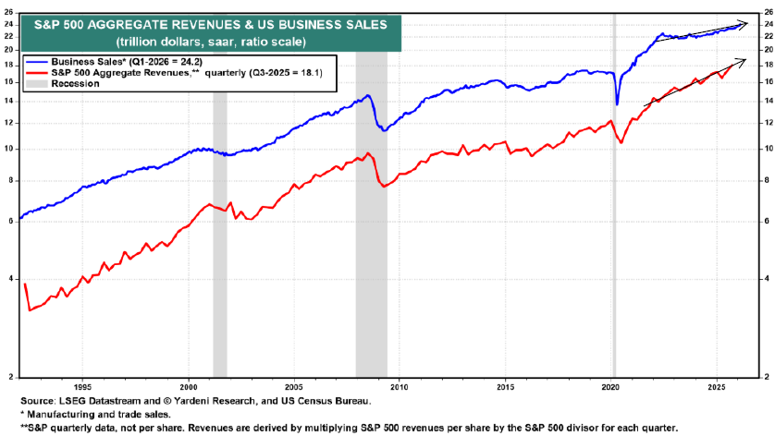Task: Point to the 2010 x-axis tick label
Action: click(400, 386)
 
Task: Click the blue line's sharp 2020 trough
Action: click(617, 104)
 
